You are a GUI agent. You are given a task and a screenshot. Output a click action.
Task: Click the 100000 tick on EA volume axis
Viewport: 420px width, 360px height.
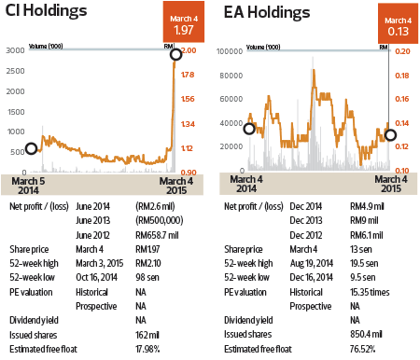(230, 49)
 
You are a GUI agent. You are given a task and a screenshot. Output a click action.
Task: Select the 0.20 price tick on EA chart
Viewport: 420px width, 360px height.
(402, 49)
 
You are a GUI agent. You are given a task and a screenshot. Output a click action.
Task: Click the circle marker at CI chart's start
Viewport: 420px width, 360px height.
(31, 147)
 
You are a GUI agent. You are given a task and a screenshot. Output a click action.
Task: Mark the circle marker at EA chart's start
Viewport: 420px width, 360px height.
(248, 128)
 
